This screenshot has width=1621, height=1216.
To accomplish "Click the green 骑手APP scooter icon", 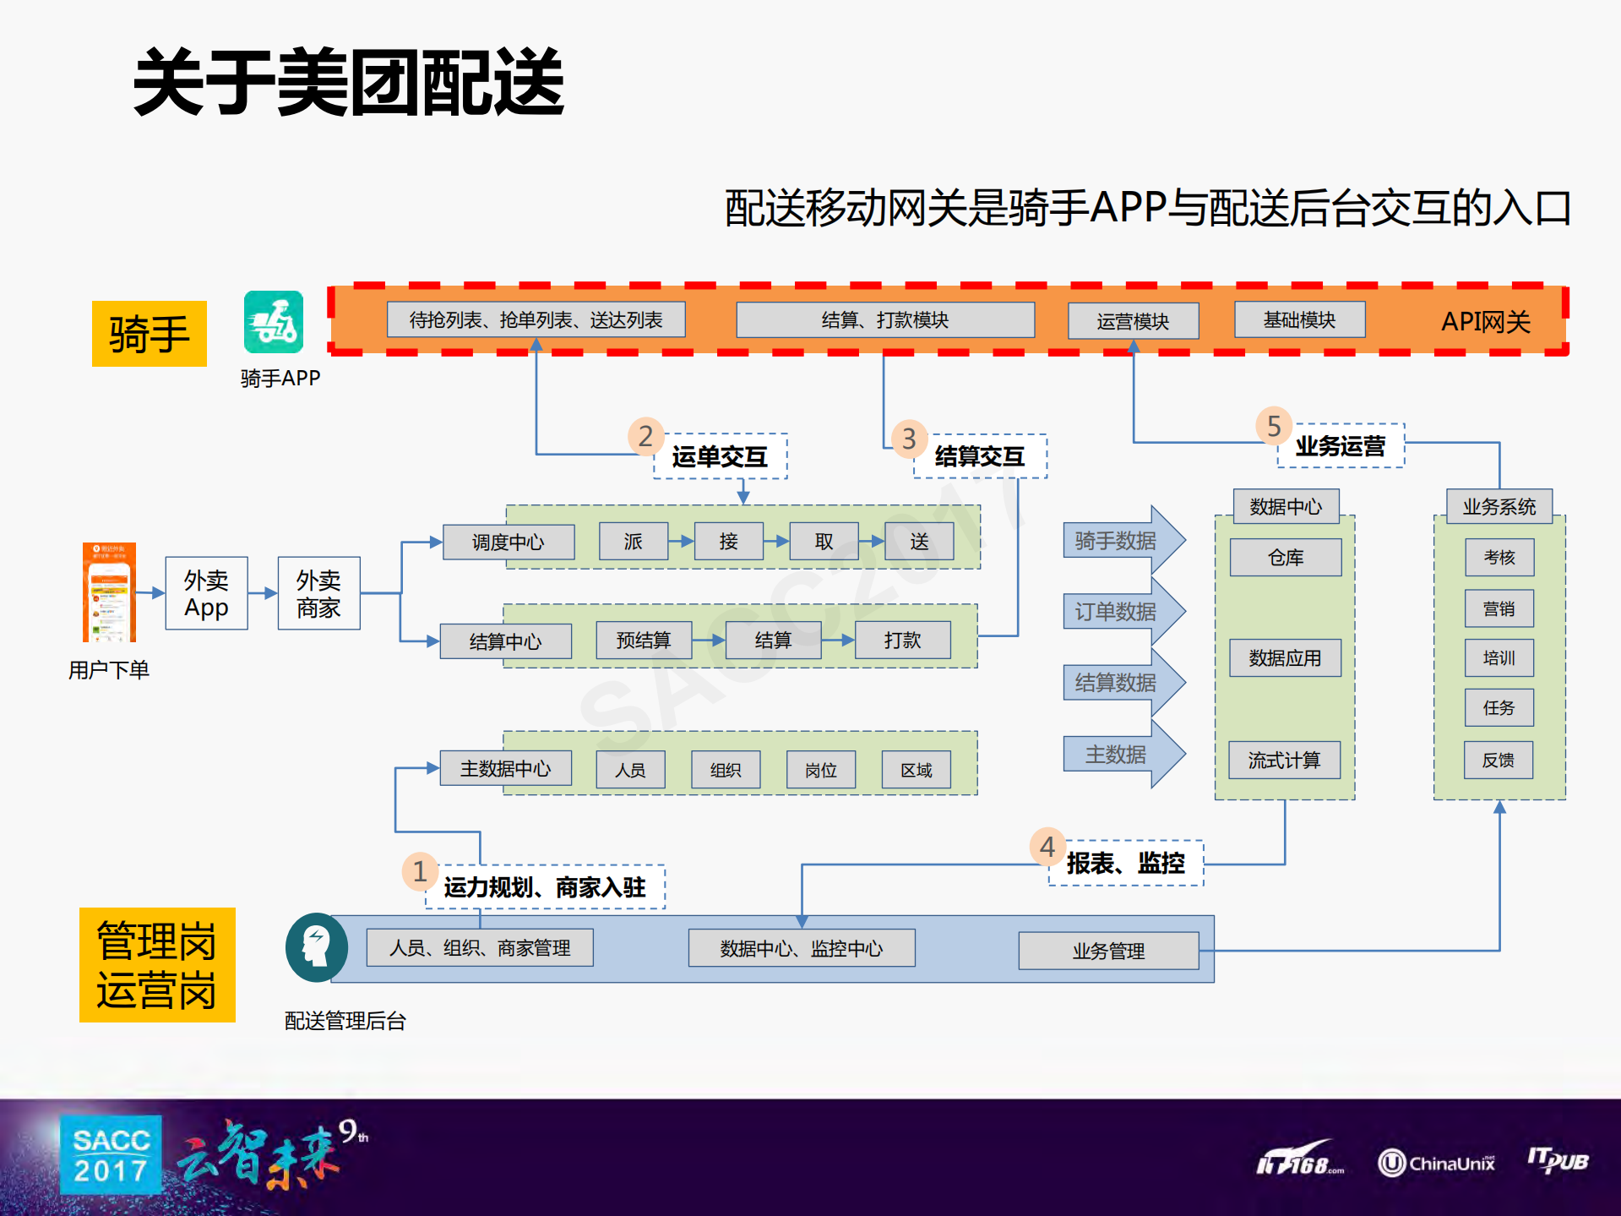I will [x=273, y=322].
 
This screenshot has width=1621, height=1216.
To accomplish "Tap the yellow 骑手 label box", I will [x=150, y=334].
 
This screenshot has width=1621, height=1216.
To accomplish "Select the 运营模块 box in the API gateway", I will [x=1132, y=321].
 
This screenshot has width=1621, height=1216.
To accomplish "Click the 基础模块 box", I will [x=1298, y=319].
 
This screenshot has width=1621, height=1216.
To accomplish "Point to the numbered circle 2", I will [x=645, y=436].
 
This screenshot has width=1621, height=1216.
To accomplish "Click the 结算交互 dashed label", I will [x=980, y=456].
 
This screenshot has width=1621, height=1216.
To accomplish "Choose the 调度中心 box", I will [x=508, y=542].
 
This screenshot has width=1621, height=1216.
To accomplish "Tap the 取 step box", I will [x=824, y=542].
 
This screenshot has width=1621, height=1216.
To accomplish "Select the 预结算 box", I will [x=643, y=640].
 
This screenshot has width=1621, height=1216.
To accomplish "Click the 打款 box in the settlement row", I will [x=901, y=640].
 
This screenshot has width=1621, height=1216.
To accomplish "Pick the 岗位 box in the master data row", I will [x=820, y=770].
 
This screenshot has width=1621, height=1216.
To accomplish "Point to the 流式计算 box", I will [x=1284, y=760].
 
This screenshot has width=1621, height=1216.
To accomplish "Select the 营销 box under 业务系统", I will [x=1499, y=608].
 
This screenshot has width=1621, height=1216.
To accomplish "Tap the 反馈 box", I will [x=1499, y=760].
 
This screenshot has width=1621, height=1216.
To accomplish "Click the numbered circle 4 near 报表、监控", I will [x=1047, y=846].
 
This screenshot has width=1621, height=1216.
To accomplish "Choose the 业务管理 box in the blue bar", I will [x=1107, y=951].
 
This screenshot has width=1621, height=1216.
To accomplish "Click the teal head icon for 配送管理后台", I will [x=317, y=947].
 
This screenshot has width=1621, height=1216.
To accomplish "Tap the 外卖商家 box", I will [x=318, y=593].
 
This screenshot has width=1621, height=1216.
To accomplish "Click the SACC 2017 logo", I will [x=111, y=1155].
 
